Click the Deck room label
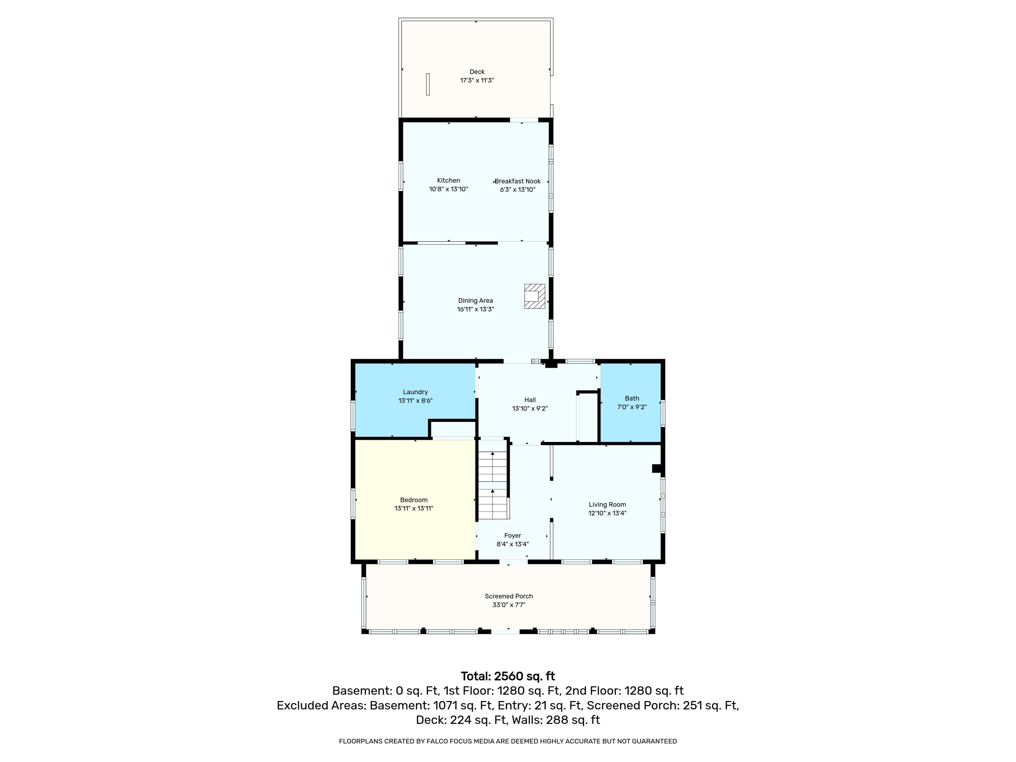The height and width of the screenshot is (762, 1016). tap(477, 72)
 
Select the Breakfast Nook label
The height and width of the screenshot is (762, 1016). tap(517, 181)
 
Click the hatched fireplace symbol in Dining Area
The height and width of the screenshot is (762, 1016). tap(535, 296)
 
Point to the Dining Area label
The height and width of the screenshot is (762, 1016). tap(475, 300)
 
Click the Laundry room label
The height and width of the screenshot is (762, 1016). tap(415, 392)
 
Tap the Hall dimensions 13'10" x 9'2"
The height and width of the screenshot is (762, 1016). tap(530, 408)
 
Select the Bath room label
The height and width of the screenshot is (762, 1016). tap(632, 398)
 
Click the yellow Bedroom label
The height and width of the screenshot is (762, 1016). tap(414, 500)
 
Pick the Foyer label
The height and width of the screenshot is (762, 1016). tap(513, 535)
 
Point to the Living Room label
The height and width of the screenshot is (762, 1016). tap(607, 504)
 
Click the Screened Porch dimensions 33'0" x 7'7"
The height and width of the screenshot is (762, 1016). tap(508, 605)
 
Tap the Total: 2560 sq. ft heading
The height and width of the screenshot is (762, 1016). tap(508, 676)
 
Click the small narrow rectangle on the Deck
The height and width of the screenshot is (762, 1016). tap(428, 85)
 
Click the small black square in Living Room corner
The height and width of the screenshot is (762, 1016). tap(657, 468)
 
